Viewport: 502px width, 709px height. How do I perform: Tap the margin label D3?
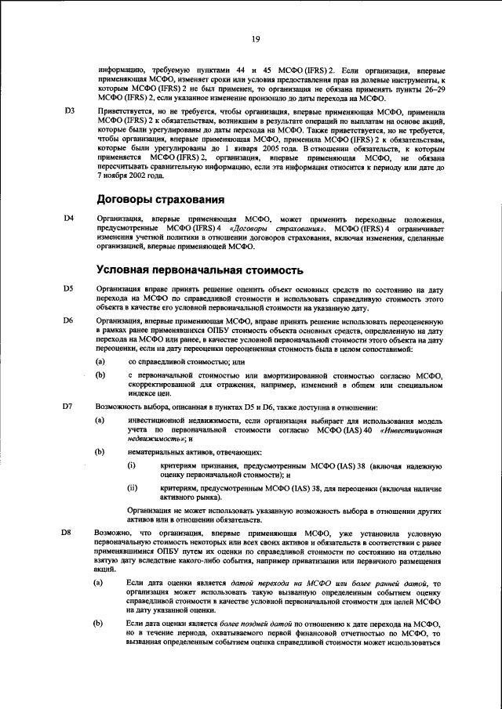[69, 112]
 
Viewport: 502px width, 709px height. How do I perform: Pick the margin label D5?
[69, 289]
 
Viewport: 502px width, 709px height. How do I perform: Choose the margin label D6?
[69, 321]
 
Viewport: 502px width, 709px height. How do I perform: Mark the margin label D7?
[69, 407]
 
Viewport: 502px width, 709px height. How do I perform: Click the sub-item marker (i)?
[132, 466]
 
